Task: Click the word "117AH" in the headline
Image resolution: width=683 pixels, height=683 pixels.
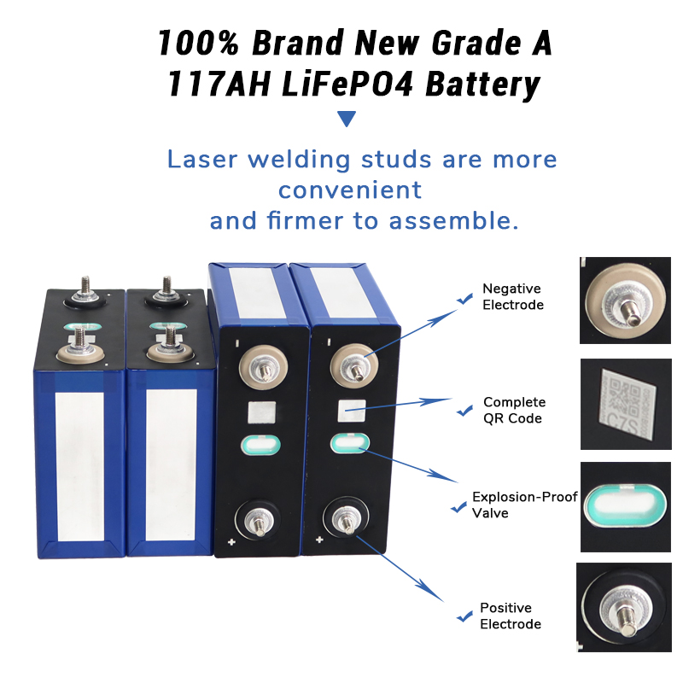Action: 219,84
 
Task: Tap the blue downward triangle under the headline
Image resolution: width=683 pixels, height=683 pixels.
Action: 347,118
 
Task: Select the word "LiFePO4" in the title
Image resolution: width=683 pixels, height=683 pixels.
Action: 347,84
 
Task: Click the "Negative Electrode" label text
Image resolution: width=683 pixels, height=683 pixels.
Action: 513,296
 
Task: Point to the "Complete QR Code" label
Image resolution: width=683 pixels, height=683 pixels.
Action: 514,410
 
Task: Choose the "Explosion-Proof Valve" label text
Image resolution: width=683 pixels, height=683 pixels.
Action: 524,505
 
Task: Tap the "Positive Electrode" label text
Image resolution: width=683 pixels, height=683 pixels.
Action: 510,616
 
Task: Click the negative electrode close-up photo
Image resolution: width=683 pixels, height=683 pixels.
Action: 625,301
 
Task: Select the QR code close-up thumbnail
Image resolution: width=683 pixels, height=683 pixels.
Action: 626,404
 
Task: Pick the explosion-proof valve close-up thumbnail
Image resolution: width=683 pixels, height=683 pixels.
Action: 626,507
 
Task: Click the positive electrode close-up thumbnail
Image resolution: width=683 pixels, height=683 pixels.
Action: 624,607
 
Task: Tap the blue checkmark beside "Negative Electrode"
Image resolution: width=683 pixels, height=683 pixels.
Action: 464,299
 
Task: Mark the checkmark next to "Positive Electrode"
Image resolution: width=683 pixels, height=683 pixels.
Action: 464,616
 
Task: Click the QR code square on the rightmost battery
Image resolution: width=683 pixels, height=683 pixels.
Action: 352,411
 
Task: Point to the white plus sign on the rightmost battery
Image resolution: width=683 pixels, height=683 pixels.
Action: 319,540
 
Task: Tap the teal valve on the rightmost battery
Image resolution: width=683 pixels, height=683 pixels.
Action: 350,443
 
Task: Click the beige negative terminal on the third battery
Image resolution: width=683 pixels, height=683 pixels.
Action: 263,367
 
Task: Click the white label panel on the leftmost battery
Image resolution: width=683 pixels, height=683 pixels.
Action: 80,466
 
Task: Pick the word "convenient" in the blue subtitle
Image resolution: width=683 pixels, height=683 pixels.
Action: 350,190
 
